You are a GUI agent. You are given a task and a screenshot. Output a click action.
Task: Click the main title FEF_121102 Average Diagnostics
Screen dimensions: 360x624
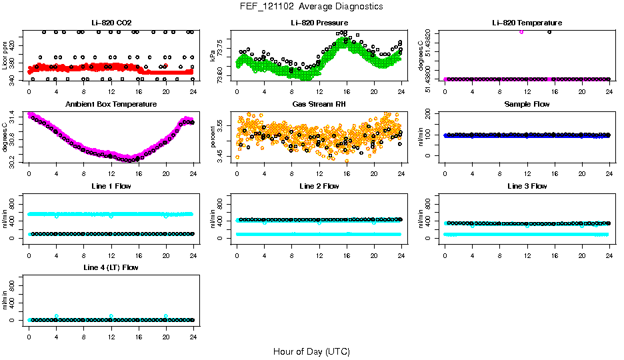pos(312,6)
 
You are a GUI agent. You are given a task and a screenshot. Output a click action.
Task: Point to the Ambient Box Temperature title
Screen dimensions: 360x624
pos(111,104)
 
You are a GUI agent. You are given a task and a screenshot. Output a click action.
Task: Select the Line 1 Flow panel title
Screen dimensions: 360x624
pos(111,185)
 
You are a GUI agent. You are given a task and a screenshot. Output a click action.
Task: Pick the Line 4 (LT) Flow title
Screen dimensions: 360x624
pos(111,267)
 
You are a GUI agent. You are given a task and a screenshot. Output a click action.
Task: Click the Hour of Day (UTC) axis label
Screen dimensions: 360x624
pos(311,351)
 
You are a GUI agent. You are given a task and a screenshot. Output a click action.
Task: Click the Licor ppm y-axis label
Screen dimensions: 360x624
pos(5,56)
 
